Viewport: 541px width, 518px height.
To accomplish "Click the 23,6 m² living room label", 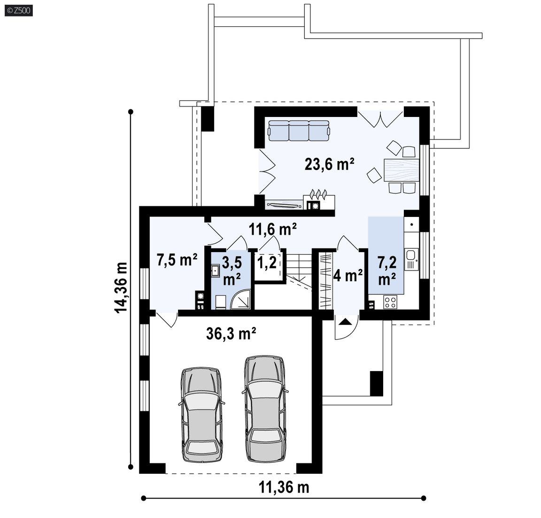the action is [x=330, y=164].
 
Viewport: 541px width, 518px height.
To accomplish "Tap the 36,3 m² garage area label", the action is [x=231, y=334].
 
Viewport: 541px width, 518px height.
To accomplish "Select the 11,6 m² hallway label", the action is [x=273, y=229].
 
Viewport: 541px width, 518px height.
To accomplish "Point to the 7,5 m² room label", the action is [x=177, y=260].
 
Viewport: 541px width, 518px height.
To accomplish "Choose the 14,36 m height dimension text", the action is [x=121, y=287].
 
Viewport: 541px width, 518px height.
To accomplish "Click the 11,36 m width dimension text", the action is [x=284, y=487].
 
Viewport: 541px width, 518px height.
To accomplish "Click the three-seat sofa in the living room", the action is [x=299, y=131].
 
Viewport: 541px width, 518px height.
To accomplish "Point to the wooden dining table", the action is [x=401, y=170].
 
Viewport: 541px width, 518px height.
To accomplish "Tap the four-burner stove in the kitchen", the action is [x=390, y=302].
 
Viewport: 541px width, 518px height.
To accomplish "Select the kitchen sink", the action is [x=411, y=259].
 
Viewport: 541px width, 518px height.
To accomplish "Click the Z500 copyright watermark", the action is [x=19, y=11].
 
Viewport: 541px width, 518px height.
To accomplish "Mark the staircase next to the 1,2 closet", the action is [x=299, y=273].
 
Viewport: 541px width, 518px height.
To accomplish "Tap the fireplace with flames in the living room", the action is [x=319, y=200].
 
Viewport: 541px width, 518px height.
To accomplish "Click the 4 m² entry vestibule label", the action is [x=348, y=275].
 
